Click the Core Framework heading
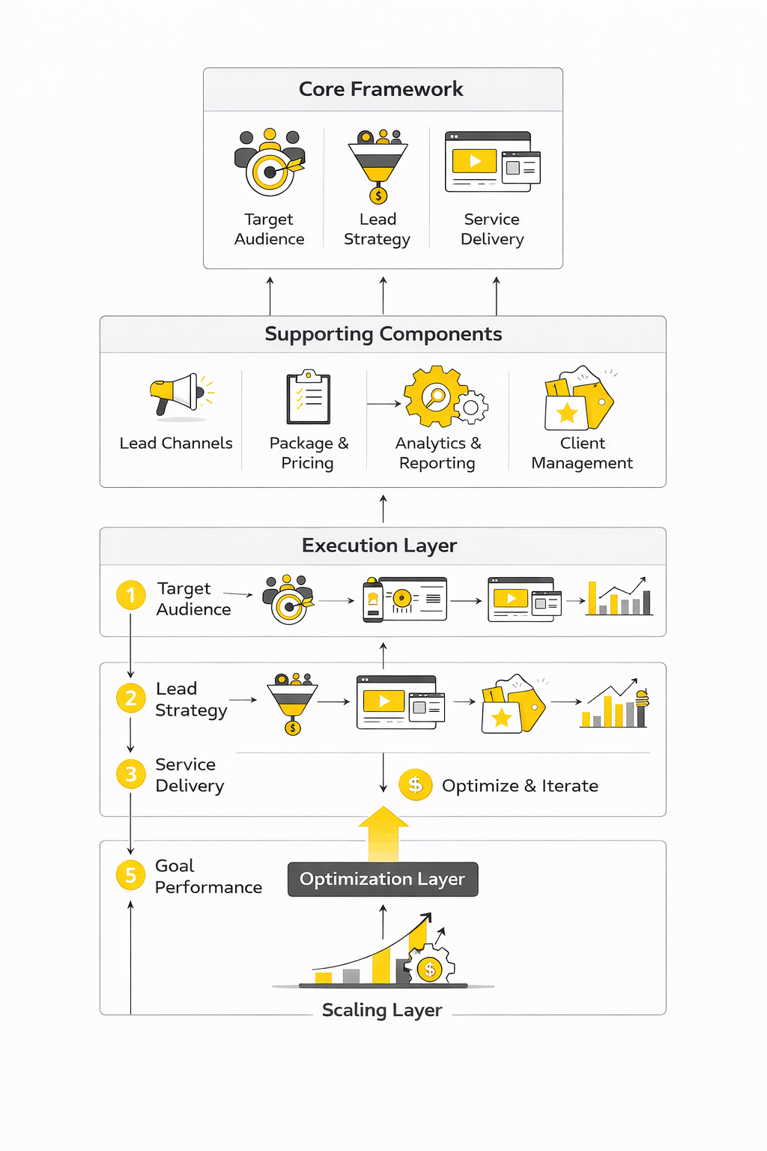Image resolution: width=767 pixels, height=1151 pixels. click(x=381, y=89)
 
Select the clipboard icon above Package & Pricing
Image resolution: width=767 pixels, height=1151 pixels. click(x=308, y=396)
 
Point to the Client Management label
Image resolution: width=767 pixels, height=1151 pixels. click(x=582, y=453)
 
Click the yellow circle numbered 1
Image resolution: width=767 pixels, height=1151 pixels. click(x=131, y=596)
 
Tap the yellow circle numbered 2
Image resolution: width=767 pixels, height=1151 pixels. click(x=131, y=698)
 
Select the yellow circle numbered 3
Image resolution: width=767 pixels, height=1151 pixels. click(x=131, y=774)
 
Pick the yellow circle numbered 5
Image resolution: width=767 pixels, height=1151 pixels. click(x=131, y=875)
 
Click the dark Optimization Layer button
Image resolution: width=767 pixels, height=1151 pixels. click(x=383, y=879)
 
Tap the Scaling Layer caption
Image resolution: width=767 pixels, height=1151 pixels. click(x=382, y=1010)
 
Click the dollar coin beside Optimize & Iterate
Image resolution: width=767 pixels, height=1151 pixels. click(x=416, y=785)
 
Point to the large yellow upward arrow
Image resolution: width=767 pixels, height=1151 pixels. click(x=383, y=832)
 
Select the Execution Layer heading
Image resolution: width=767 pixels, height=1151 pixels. click(x=379, y=546)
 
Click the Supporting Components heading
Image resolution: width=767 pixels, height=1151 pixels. click(x=383, y=334)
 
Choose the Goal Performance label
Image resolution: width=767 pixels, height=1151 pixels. click(x=208, y=877)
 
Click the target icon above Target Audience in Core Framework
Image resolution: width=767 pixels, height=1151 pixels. click(x=270, y=163)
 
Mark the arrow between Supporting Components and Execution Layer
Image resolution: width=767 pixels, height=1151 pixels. click(x=383, y=508)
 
